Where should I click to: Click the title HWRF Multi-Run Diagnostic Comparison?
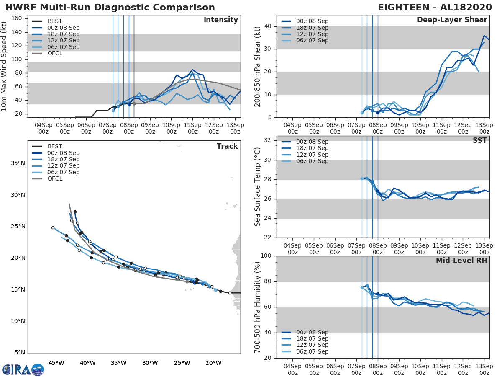[110, 8]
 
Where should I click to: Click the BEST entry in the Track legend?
[54, 147]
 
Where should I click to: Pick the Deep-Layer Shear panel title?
[452, 20]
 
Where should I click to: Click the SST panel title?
[480, 141]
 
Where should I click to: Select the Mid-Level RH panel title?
[461, 261]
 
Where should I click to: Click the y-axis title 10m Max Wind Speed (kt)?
[5, 66]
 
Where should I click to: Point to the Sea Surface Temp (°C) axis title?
[258, 189]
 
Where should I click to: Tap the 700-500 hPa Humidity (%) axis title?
[258, 307]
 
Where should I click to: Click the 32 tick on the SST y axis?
[268, 140]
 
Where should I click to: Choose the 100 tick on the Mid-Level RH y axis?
[266, 256]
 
